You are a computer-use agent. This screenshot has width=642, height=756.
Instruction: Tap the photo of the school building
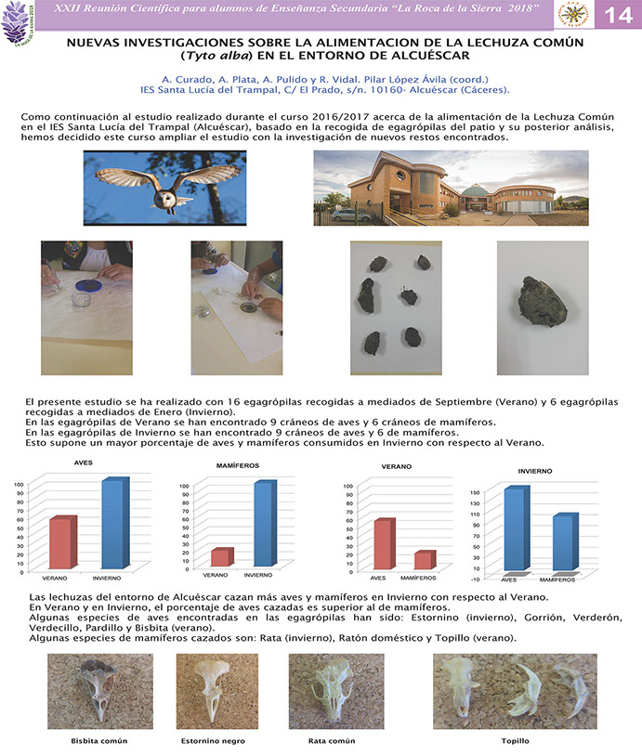pos(450,189)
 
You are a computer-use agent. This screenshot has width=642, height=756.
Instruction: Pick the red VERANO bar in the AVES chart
pos(60,542)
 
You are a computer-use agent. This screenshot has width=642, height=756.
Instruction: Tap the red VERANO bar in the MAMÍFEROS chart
pos(219,556)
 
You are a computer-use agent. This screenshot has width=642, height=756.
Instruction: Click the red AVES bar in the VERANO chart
pos(380,543)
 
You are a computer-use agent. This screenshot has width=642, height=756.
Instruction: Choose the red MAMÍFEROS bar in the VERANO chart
pos(421,559)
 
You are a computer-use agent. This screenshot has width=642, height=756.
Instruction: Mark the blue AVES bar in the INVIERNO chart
pos(512,529)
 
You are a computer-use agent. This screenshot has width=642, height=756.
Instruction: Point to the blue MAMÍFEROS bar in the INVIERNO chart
pos(561,543)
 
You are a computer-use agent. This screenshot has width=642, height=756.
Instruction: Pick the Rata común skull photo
pos(334,691)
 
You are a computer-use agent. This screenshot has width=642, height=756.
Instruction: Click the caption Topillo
pos(515,741)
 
